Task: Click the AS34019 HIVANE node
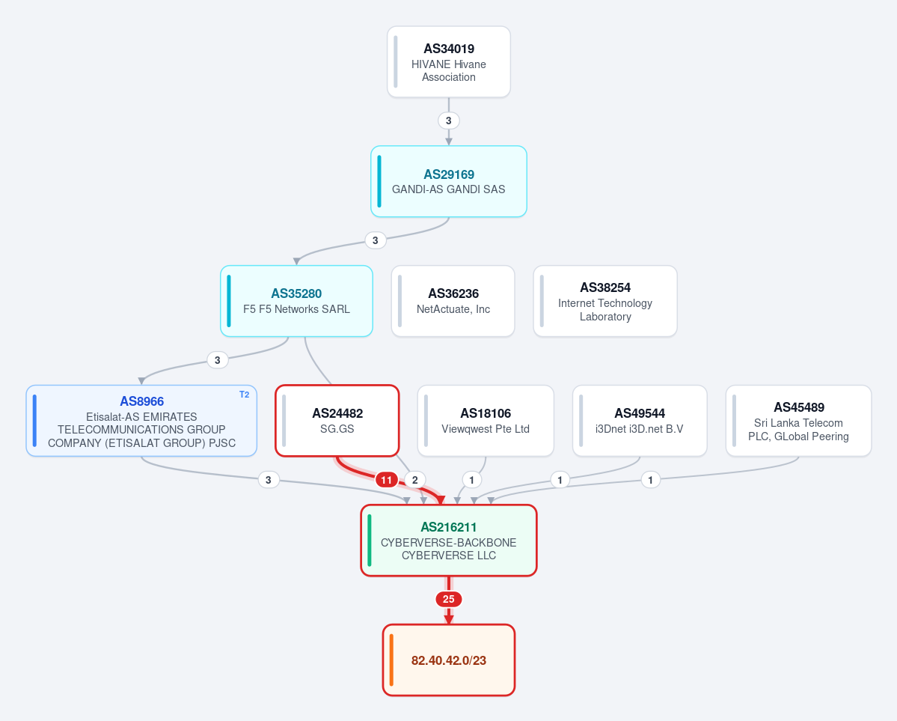449,62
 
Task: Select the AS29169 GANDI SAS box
449,181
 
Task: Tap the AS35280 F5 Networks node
296,301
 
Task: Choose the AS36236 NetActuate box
453,301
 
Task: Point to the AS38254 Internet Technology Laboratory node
605,301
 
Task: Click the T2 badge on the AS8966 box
245,395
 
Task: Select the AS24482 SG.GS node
337,421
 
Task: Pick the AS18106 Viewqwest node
486,421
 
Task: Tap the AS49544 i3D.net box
640,421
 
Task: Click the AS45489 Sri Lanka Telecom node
798,421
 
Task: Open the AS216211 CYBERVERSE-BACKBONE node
449,541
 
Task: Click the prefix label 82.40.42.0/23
449,660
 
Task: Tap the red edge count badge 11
387,480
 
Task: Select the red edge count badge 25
449,600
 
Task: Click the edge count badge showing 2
415,480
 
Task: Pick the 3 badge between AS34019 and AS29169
449,121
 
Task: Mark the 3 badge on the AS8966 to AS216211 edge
269,480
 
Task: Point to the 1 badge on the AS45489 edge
650,480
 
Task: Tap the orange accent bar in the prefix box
391,660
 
